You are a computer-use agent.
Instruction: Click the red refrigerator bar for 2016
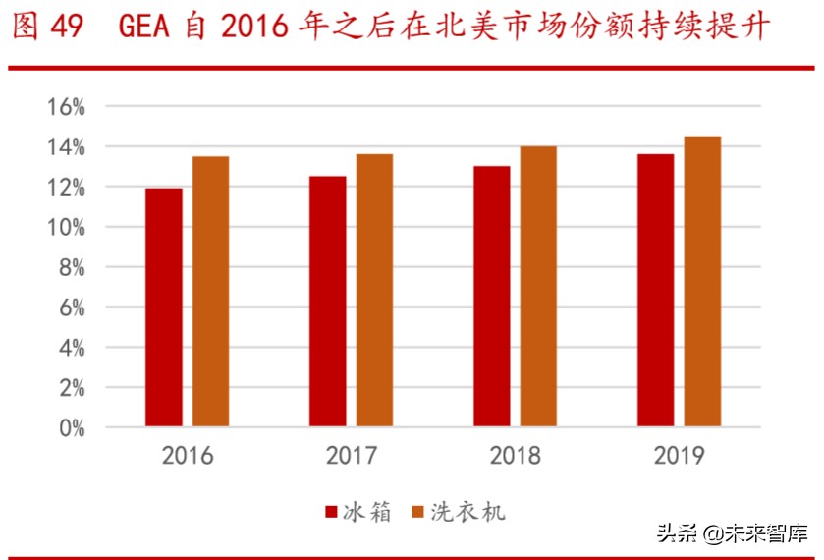pos(163,308)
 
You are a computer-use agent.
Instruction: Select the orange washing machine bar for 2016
pos(210,292)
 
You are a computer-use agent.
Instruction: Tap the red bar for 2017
pos(327,302)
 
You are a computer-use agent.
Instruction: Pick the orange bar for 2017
pos(374,291)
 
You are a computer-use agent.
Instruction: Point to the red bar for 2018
pos(491,297)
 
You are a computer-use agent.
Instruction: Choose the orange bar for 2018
pos(538,287)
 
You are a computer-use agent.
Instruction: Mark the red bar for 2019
pos(655,291)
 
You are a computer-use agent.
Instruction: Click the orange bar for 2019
pos(702,282)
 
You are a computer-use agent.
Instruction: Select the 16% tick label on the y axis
pos(65,106)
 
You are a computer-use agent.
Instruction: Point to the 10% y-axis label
pos(65,227)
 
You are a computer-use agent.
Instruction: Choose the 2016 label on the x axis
pos(187,456)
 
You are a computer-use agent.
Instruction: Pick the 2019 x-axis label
pos(679,456)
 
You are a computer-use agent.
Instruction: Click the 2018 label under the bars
pos(515,456)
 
